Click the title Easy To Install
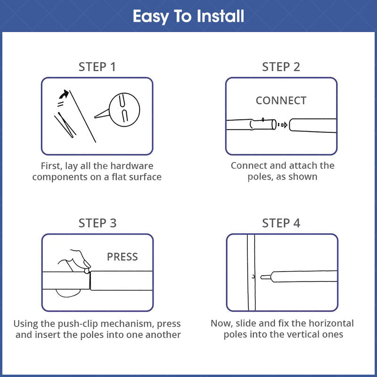[x=188, y=16]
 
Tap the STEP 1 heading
[x=97, y=67]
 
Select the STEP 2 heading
[x=281, y=67]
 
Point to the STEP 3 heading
[x=98, y=223]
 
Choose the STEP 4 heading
[x=281, y=223]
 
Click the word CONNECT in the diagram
[x=281, y=100]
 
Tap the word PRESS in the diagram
[x=123, y=257]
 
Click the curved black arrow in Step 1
[x=64, y=94]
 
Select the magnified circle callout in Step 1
[x=124, y=110]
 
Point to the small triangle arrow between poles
[x=285, y=125]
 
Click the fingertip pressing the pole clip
[x=87, y=264]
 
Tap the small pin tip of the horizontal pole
[x=265, y=277]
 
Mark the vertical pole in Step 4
[x=251, y=272]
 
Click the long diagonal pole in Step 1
[x=83, y=116]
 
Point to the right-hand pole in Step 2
[x=313, y=125]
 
